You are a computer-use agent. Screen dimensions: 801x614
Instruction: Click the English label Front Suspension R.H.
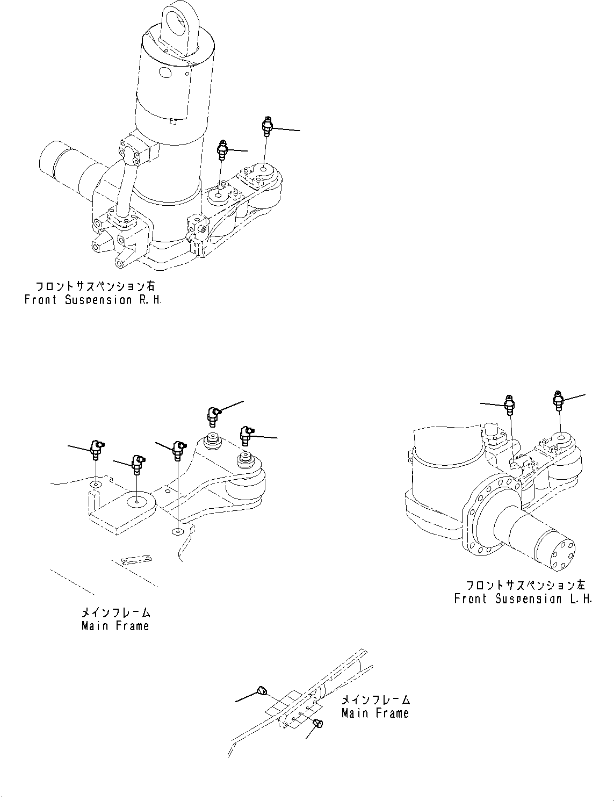click(x=92, y=300)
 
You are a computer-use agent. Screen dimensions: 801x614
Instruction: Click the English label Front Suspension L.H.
click(x=522, y=598)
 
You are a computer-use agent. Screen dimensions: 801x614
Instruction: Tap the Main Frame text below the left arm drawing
click(x=115, y=626)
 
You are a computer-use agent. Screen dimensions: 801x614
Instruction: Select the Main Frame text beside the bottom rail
click(x=375, y=713)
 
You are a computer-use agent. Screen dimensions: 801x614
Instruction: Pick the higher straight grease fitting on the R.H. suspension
click(x=267, y=126)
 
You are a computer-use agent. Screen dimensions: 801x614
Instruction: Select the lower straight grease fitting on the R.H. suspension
click(x=223, y=149)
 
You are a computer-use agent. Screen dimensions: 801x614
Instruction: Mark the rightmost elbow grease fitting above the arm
click(x=247, y=434)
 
